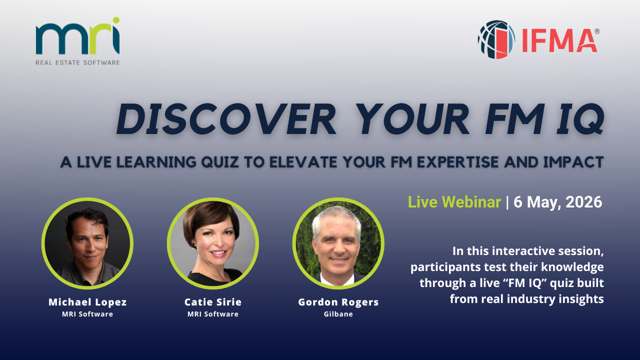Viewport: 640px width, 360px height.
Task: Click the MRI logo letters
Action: click(77, 36)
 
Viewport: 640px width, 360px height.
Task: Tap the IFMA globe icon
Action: click(496, 39)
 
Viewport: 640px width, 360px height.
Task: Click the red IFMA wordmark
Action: click(559, 40)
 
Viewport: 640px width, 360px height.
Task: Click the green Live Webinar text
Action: click(454, 202)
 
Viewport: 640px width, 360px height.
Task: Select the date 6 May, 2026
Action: click(557, 202)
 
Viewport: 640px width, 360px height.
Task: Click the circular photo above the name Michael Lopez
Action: click(87, 243)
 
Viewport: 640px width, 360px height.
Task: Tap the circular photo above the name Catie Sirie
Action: click(213, 243)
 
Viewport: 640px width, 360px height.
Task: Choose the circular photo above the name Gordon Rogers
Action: click(338, 243)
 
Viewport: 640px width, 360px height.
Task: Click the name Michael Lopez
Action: click(87, 302)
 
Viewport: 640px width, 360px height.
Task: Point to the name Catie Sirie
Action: click(213, 302)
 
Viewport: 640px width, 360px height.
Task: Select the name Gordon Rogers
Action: click(338, 302)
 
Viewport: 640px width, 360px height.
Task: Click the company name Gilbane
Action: click(338, 314)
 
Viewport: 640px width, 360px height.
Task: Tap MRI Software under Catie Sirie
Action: click(213, 314)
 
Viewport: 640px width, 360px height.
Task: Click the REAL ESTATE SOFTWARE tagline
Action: click(77, 62)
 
